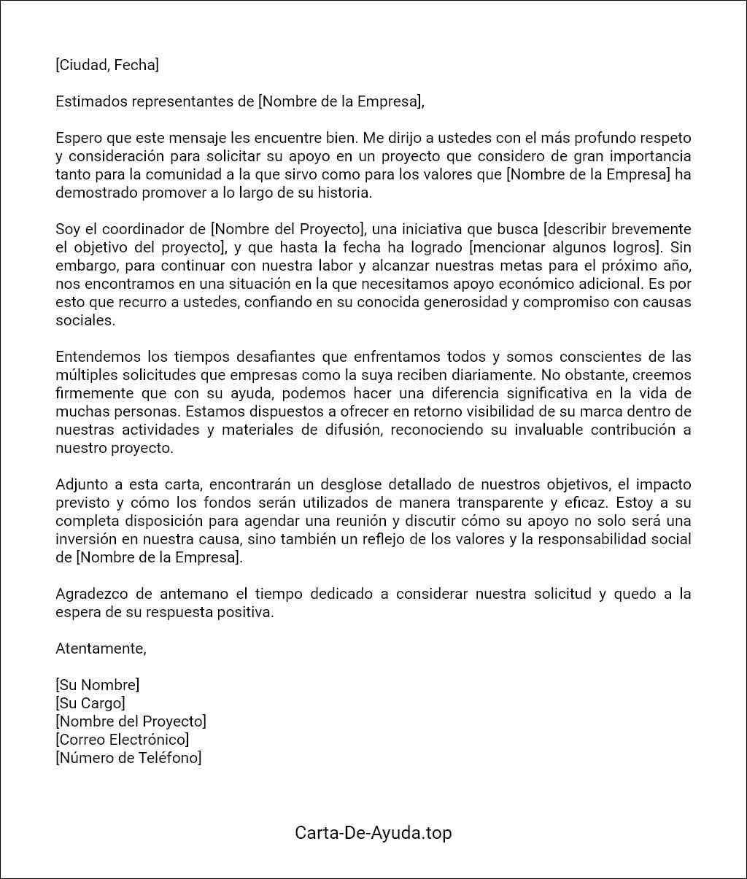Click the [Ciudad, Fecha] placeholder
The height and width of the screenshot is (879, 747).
point(107,65)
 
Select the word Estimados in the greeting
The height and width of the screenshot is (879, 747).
point(91,101)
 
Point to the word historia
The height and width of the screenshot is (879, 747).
point(345,193)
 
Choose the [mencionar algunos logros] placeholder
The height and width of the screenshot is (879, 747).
point(562,247)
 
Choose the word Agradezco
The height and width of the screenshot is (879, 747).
point(91,594)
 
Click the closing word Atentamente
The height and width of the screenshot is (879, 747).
point(101,648)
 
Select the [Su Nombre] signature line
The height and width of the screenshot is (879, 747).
point(97,685)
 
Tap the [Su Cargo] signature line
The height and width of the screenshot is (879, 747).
point(90,703)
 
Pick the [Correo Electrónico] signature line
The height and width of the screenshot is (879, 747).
point(122,740)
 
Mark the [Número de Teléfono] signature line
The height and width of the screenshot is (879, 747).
point(128,758)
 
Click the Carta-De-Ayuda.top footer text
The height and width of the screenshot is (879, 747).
point(373,832)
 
